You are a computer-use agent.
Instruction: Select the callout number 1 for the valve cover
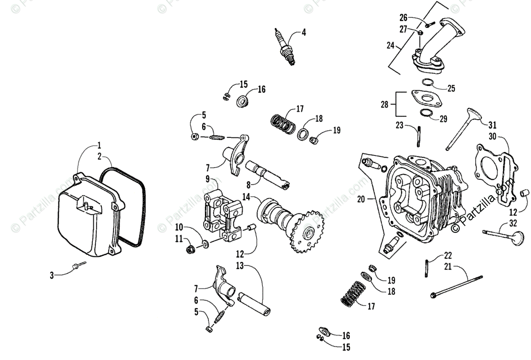coord(100,145)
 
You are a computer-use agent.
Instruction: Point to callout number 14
coord(246,196)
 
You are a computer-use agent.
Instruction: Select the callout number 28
coord(384,105)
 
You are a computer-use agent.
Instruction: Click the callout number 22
coord(448,255)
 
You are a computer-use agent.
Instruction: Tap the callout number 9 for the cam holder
coord(207,179)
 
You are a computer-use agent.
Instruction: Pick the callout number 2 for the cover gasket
coord(100,156)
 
